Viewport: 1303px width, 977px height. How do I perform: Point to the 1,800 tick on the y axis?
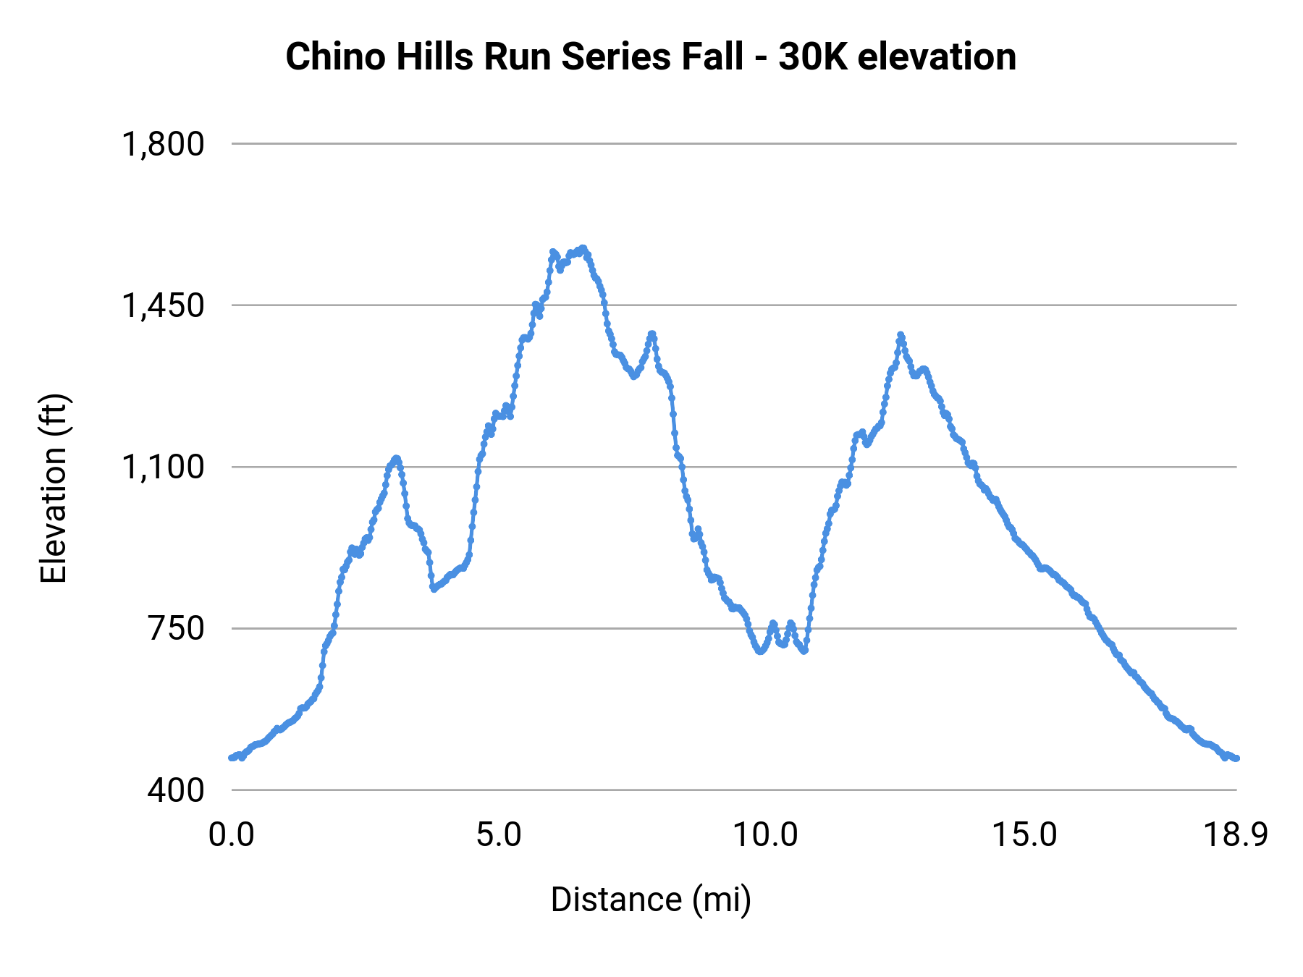coord(164,144)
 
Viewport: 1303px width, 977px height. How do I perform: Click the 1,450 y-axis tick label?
coord(164,305)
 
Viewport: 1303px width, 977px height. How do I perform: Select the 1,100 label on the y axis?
coord(164,467)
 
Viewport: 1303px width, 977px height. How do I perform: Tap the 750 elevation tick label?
coord(177,628)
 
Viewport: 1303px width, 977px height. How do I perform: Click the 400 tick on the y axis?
coord(177,790)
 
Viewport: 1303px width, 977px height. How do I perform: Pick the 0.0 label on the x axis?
coord(232,835)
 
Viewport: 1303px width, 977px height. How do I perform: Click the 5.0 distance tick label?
coord(499,835)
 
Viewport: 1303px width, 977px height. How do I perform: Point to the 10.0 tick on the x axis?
coord(765,835)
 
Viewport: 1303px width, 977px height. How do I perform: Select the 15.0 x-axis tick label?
coord(1024,835)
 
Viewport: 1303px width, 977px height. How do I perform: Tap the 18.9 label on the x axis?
coord(1236,835)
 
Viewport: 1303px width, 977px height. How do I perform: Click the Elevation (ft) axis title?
coord(54,488)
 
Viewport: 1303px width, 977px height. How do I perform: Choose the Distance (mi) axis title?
coord(651,900)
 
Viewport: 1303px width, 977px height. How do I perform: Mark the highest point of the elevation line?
coord(583,248)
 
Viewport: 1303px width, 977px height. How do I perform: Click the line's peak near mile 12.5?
coord(901,334)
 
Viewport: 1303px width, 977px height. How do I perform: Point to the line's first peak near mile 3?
coord(396,458)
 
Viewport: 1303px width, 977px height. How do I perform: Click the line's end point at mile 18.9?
coord(1236,758)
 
